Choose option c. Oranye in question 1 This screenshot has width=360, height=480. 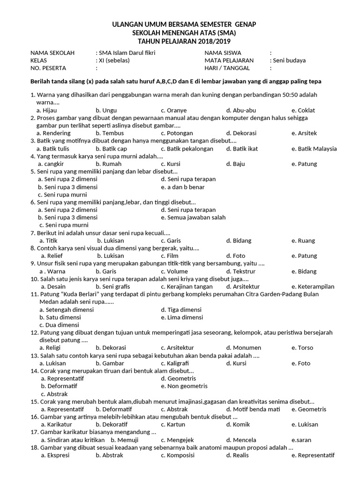173,110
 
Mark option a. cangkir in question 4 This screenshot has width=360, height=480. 51,164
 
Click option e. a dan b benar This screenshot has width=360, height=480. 183,187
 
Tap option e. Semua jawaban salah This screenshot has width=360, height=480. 193,217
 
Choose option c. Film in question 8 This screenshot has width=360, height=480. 169,256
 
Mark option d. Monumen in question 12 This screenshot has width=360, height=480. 243,348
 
